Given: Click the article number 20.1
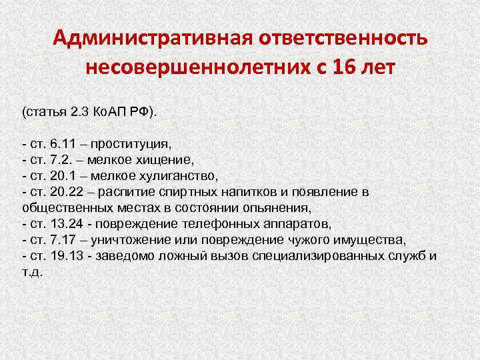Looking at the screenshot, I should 64,176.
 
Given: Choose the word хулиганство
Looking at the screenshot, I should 181,176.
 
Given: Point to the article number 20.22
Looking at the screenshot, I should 67,192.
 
